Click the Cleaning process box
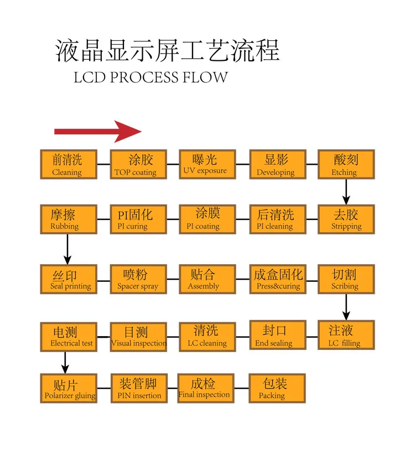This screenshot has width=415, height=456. point(69,164)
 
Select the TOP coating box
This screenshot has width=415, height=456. point(138,164)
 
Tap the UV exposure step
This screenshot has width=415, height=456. point(207,164)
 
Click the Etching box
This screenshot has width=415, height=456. point(346,164)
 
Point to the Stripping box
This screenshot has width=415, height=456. point(346,219)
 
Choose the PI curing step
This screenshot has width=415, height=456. point(138,219)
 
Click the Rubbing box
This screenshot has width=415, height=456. point(69,219)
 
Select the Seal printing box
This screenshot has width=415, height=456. point(69,279)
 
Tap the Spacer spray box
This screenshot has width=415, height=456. point(138,279)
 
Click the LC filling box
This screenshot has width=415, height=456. point(346,336)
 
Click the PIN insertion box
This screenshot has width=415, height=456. point(138,389)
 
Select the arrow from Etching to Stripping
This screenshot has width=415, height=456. point(346,191)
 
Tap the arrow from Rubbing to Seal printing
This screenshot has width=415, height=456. point(68,249)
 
